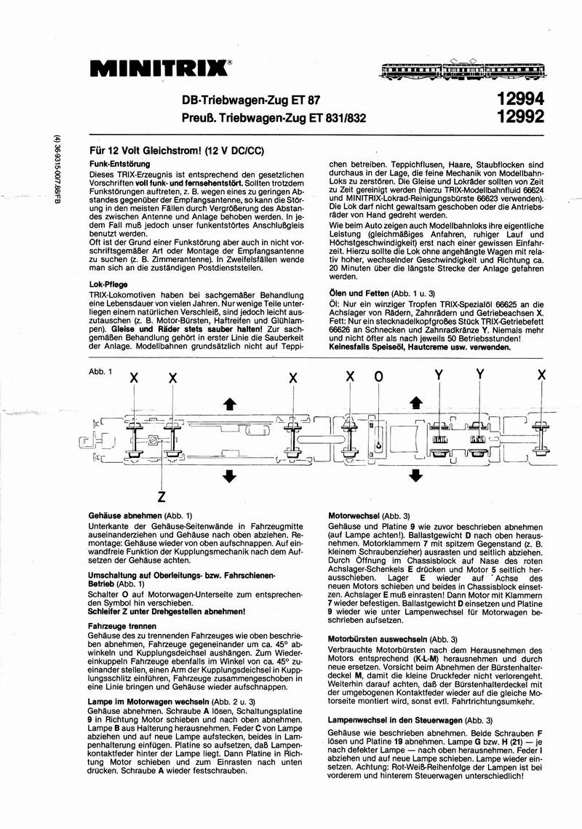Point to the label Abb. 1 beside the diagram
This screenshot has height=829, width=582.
pyautogui.click(x=100, y=373)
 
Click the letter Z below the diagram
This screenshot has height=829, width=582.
pyautogui.click(x=161, y=498)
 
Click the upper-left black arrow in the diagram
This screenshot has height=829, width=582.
pyautogui.click(x=230, y=404)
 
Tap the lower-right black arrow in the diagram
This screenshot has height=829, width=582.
pyautogui.click(x=415, y=476)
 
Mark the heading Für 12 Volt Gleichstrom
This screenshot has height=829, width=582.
pyautogui.click(x=175, y=150)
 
